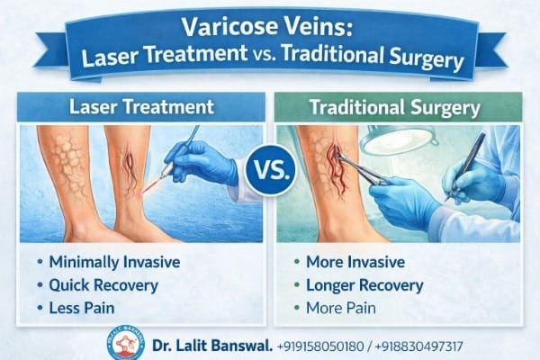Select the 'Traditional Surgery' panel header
[396, 107]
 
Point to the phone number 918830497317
[418, 346]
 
